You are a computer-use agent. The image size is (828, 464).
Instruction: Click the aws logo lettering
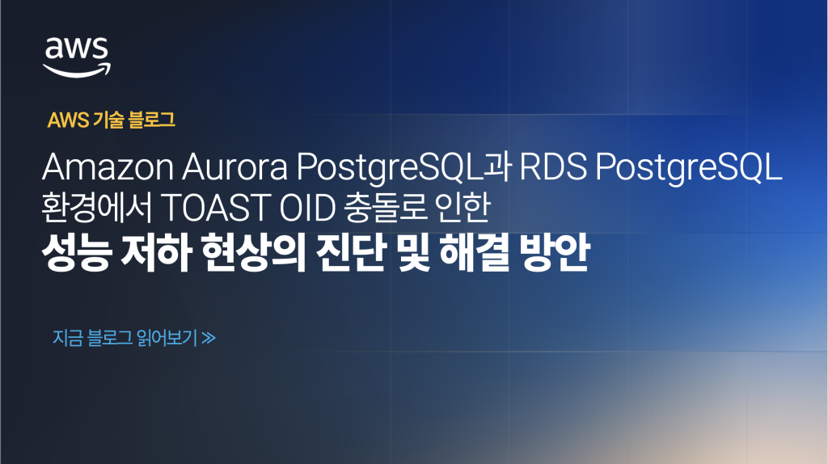[77, 49]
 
